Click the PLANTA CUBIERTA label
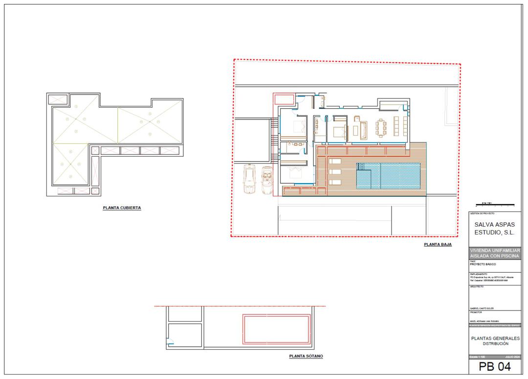[122, 208]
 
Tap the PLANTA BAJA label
[438, 244]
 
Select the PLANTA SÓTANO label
[306, 356]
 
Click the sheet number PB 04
[494, 367]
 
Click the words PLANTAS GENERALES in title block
[495, 338]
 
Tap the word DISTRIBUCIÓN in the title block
[495, 343]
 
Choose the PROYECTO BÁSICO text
[483, 264]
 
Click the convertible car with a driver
[266, 180]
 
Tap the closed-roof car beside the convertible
[250, 180]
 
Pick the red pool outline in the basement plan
[277, 329]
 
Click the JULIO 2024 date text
[512, 356]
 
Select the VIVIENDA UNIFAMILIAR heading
[495, 250]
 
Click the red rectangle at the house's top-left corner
[284, 100]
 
